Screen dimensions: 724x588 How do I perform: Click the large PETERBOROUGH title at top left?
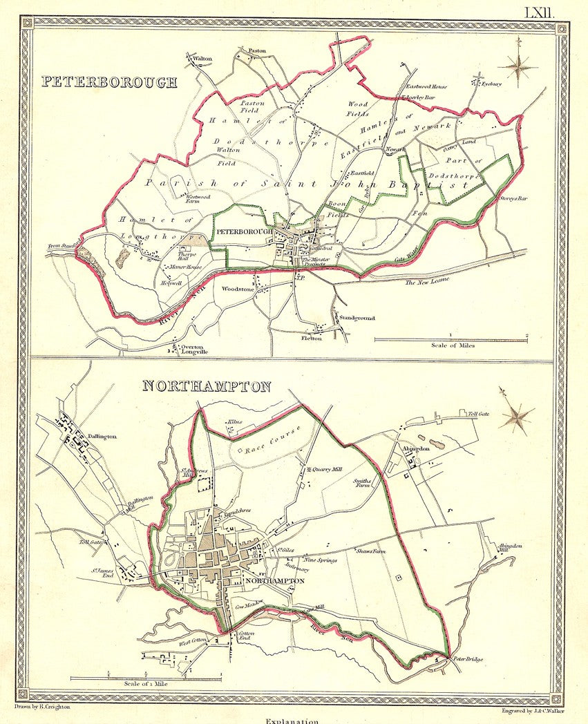pos(108,82)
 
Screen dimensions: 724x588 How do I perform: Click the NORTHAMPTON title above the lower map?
pos(206,386)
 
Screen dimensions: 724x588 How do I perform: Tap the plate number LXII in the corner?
pos(540,12)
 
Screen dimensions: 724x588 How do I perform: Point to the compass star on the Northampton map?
pos(515,416)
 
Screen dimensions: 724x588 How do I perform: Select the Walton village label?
pos(202,59)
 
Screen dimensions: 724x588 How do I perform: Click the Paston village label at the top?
pos(257,50)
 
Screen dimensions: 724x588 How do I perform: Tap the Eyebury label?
pos(492,84)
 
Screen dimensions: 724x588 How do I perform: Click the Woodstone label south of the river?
pos(236,289)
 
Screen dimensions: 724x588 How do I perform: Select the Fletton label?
pos(311,339)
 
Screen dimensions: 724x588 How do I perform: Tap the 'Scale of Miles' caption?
pos(452,345)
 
